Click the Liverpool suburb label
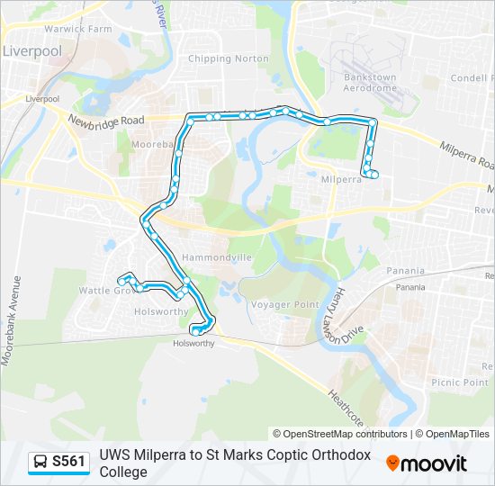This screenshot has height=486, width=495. [x=31, y=51]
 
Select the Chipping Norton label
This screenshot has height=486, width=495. [x=228, y=58]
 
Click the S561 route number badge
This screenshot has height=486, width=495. [x=68, y=462]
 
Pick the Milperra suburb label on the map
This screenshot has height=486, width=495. [x=341, y=179]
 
